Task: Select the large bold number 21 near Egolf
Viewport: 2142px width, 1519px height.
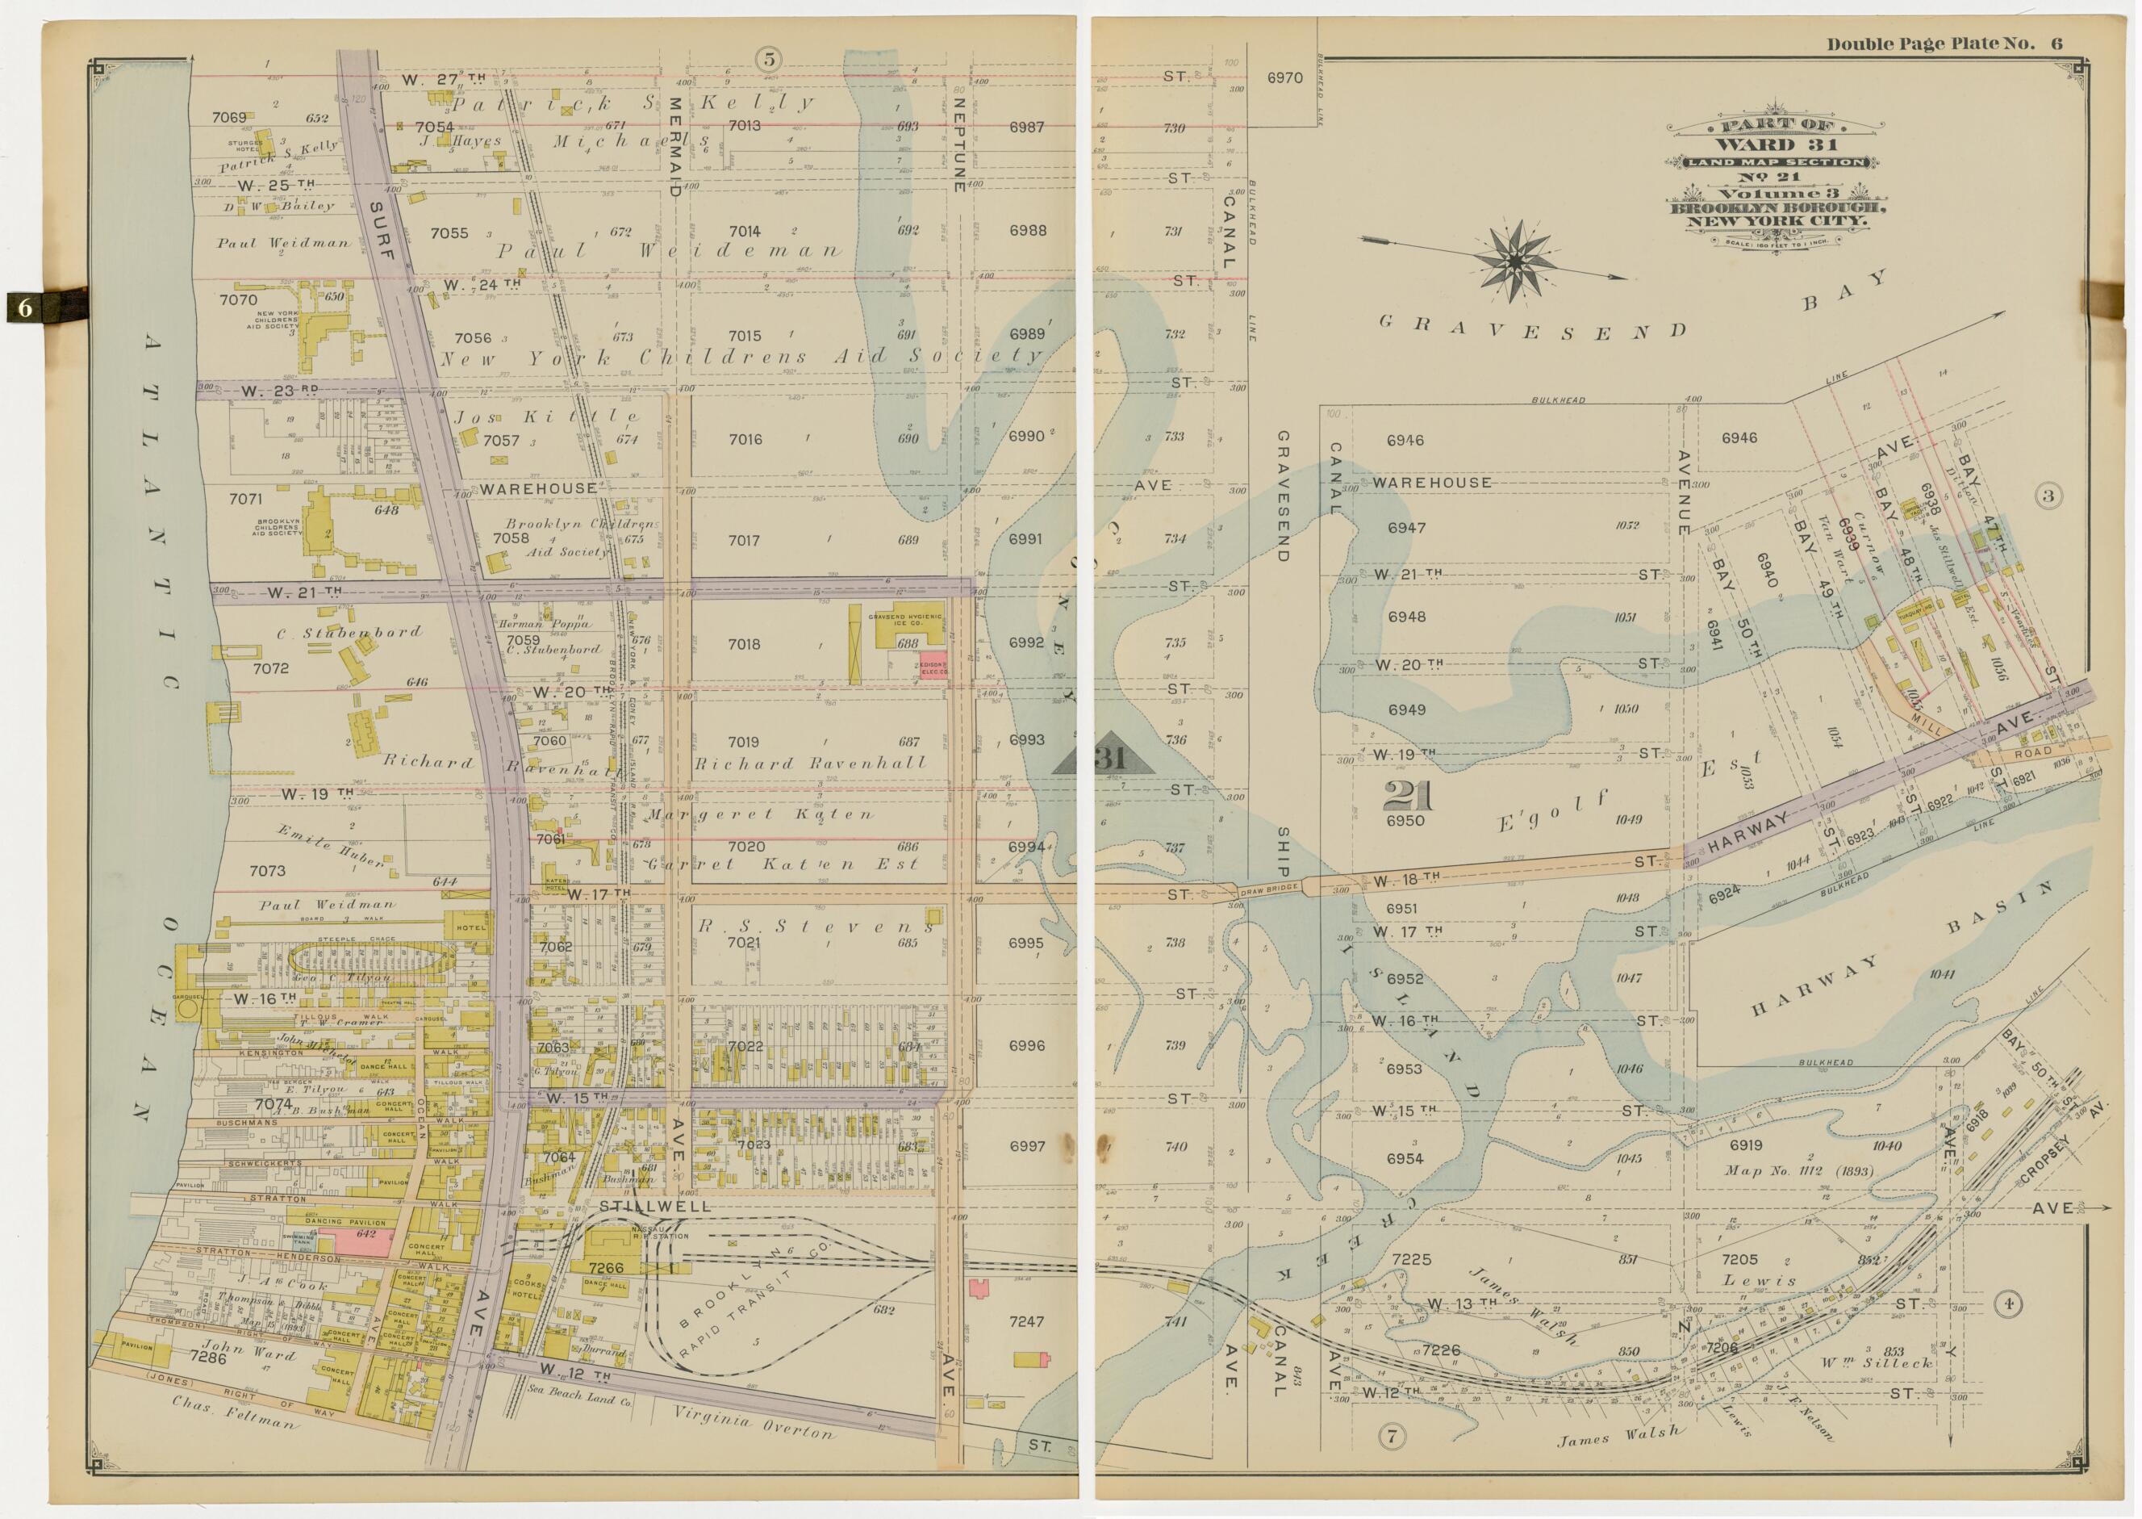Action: pyautogui.click(x=1407, y=795)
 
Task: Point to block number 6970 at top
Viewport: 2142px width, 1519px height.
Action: pyautogui.click(x=1284, y=78)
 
